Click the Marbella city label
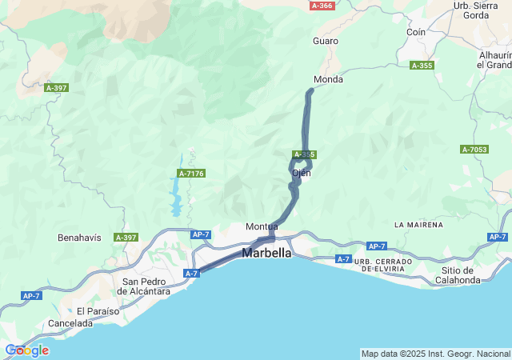268,253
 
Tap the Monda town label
328,80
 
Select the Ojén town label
301,173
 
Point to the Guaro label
326,41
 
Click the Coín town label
415,32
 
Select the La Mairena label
418,225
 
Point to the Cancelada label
70,323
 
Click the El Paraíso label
97,310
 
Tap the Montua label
262,227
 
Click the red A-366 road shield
322,6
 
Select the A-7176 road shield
192,174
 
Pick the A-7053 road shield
474,150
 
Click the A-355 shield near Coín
422,66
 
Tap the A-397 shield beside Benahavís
126,238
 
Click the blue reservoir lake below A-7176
174,196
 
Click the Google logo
26,350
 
